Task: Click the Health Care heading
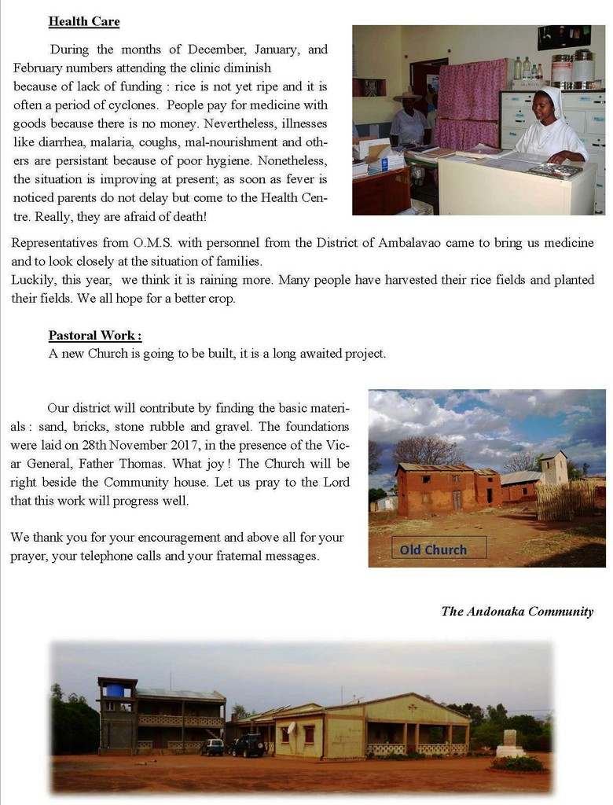click(x=84, y=21)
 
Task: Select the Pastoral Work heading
click(x=95, y=335)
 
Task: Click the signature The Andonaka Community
click(x=517, y=611)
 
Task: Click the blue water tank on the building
click(x=115, y=690)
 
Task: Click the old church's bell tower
click(x=553, y=468)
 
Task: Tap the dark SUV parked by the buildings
click(x=248, y=744)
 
